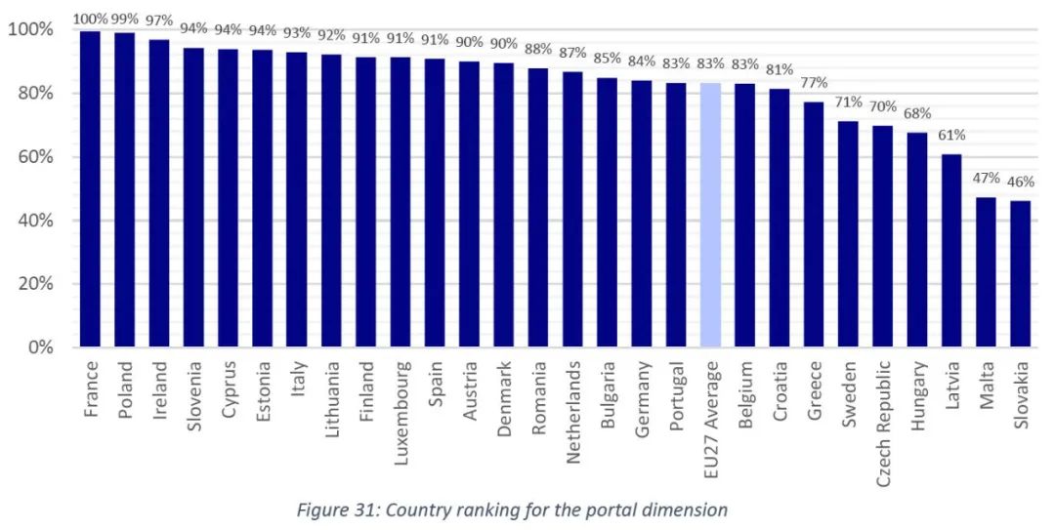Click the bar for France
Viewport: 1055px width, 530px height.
(x=91, y=189)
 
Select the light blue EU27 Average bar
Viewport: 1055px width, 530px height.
(x=711, y=215)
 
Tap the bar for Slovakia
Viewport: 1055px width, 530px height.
(x=1021, y=274)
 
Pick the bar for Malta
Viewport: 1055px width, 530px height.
(x=987, y=272)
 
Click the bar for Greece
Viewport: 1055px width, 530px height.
(x=814, y=224)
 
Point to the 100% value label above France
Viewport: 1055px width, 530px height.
(x=90, y=19)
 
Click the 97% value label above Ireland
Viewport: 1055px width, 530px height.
(x=159, y=20)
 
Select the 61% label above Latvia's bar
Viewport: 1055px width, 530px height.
(x=952, y=135)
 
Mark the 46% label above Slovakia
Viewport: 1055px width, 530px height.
(x=1021, y=182)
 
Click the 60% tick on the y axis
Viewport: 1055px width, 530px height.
(x=34, y=157)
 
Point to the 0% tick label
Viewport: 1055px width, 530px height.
(x=41, y=347)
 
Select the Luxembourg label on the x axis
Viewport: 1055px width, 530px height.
(x=401, y=400)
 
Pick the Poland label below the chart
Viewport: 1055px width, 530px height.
(x=125, y=389)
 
